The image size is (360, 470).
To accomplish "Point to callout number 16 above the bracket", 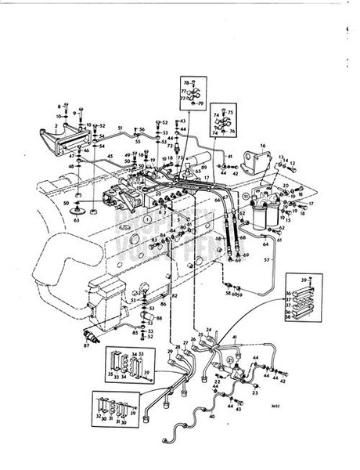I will tap(263, 146).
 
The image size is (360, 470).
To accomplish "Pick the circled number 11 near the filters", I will tap(246, 194).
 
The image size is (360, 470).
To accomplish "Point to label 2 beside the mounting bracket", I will tap(56, 126).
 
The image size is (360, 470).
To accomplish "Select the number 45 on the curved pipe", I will tap(110, 156).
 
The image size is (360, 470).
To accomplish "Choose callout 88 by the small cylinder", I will tap(159, 317).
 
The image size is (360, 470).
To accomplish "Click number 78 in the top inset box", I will tap(185, 83).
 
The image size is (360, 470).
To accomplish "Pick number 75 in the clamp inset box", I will tap(230, 113).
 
